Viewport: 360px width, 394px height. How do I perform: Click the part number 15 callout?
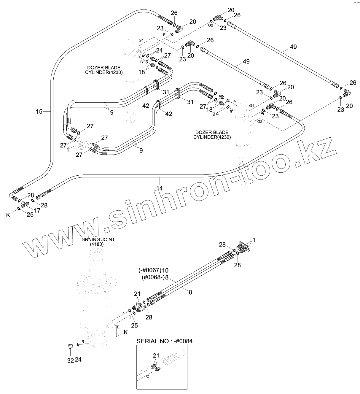pyautogui.click(x=39, y=112)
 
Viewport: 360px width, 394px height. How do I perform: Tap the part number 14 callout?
pyautogui.click(x=160, y=188)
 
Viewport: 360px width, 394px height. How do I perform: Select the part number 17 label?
pyautogui.click(x=37, y=210)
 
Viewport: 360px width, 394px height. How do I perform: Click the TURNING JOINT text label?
pyautogui.click(x=96, y=239)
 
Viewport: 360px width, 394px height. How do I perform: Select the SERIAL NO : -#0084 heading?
pyautogui.click(x=164, y=341)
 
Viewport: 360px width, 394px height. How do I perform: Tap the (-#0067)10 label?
pyautogui.click(x=153, y=270)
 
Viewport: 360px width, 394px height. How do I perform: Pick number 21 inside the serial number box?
pyautogui.click(x=156, y=355)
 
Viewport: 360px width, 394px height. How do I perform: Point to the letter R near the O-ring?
pyautogui.click(x=83, y=342)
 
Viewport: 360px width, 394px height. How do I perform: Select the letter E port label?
pyautogui.click(x=118, y=327)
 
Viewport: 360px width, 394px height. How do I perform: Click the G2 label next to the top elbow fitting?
pyautogui.click(x=210, y=26)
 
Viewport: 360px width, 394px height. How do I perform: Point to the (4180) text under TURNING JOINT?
pyautogui.click(x=96, y=244)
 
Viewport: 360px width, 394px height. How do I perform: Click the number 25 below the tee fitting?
pyautogui.click(x=30, y=215)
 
